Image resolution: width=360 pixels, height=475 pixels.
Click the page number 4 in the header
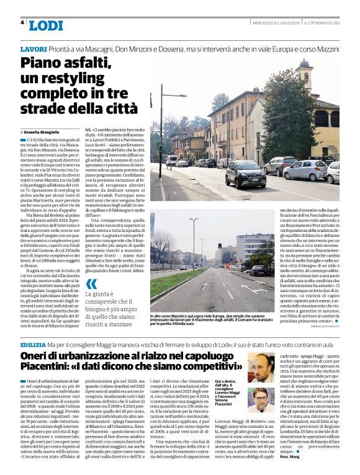point(22,23)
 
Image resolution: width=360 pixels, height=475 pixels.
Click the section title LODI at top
point(45,25)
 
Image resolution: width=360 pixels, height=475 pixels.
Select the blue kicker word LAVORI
point(33,48)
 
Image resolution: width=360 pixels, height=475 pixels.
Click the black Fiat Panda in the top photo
point(245,175)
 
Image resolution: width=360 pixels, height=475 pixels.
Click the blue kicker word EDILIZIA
point(33,344)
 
